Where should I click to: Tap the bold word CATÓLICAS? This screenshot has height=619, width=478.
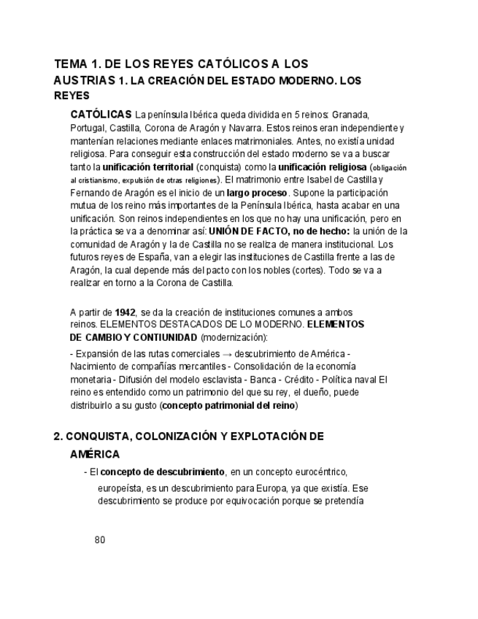101,115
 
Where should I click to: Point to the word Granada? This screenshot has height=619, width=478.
351,115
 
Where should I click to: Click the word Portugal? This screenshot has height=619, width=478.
88,128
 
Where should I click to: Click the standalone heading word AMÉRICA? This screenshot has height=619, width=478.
95,455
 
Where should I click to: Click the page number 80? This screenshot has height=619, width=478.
100,541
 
